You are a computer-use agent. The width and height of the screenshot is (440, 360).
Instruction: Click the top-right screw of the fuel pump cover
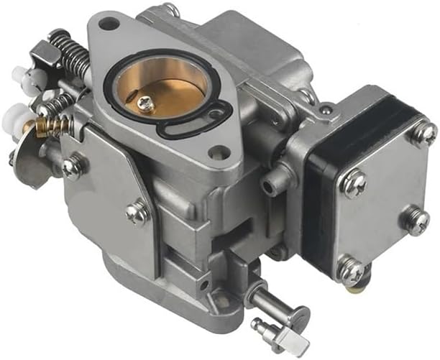click(423, 132)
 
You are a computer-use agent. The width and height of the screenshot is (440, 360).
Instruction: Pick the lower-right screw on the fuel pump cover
click(416, 220)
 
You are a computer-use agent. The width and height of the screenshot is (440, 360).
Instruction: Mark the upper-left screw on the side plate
click(71, 167)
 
